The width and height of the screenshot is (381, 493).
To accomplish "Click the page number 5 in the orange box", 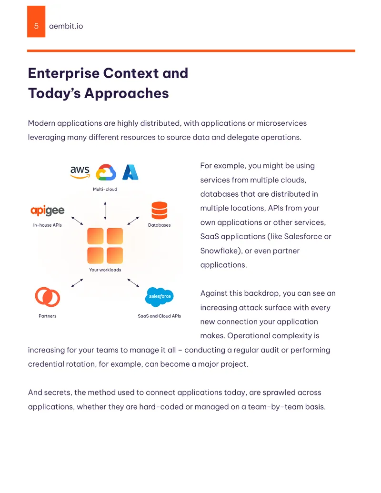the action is point(36,26).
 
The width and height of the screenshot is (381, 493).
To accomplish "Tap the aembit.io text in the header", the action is point(66,26).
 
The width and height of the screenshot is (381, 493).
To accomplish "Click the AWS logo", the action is point(80,172).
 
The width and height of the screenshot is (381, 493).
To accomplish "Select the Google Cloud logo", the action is point(106,172).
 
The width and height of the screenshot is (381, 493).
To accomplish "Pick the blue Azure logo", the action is point(130,172).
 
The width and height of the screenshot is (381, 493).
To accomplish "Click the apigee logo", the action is point(48,211).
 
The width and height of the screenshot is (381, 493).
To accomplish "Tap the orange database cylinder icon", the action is point(160,210).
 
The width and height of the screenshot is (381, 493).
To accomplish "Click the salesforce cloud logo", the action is point(160,297).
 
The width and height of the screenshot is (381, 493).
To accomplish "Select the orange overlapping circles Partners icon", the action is point(48,297).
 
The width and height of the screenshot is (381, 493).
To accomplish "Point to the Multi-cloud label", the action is point(105,189).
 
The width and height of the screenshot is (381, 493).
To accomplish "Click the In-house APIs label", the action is point(48,225).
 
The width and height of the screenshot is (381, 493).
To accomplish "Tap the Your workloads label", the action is point(105,270).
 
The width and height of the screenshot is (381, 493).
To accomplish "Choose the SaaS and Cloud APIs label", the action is point(160,316).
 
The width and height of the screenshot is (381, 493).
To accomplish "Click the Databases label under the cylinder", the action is point(160,225).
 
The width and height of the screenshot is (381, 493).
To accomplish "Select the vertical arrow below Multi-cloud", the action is point(105,211).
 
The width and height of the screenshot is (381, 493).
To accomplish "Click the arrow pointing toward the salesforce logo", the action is point(133,282).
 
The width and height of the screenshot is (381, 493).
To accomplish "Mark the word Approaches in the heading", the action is point(126,94).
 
